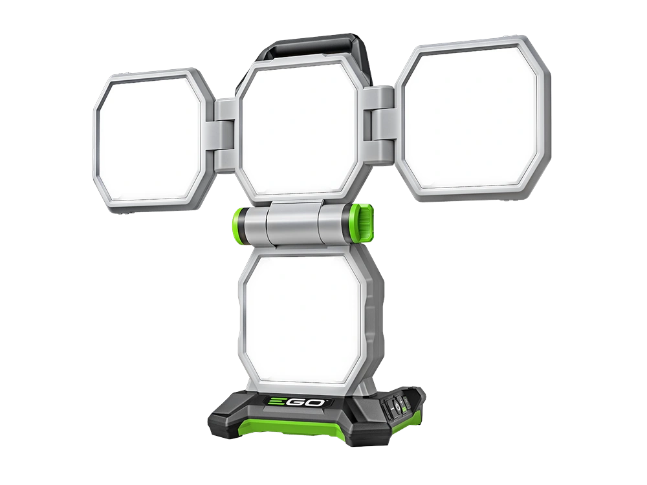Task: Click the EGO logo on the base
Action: (x=296, y=402)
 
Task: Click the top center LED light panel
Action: (x=299, y=128)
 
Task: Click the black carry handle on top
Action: (x=314, y=45)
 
